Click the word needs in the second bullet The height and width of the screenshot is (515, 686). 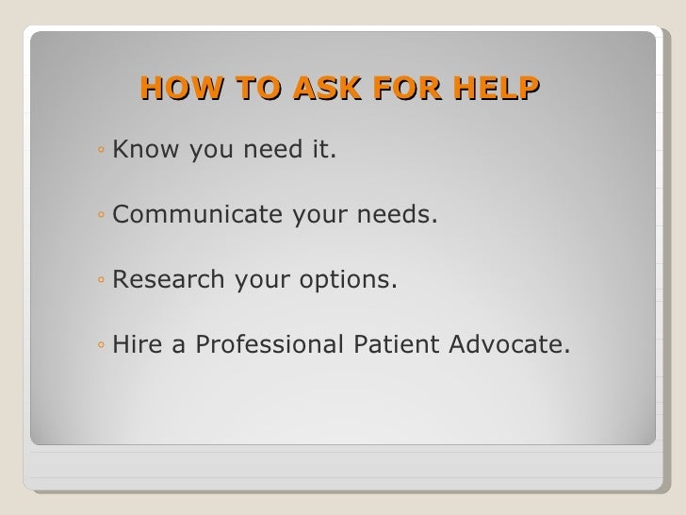[400, 215]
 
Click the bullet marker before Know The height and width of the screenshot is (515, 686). [100, 150]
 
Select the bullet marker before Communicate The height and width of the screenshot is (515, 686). [100, 217]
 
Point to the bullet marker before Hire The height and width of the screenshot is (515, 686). [100, 349]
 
